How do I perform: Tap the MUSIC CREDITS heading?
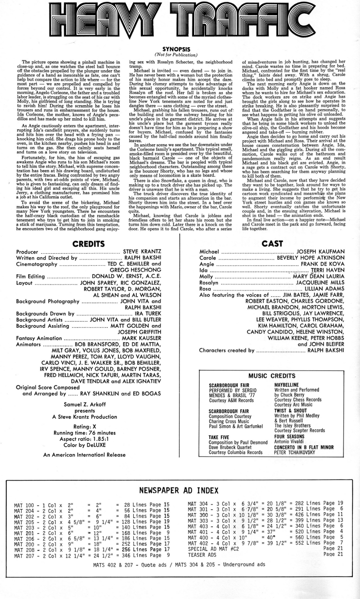(272, 376)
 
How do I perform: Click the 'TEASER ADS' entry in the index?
(202, 566)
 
